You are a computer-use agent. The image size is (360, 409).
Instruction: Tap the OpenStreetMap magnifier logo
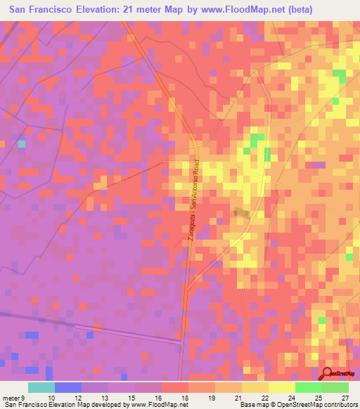(328, 373)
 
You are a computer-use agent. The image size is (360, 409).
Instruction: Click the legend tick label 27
(345, 398)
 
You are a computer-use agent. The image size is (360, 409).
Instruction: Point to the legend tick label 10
(51, 398)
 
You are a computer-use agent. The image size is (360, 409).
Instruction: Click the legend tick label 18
(184, 398)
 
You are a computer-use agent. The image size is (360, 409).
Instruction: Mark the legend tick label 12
(78, 398)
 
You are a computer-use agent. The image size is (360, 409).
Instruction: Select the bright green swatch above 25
(308, 387)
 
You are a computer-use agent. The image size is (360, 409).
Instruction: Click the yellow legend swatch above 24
(281, 387)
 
